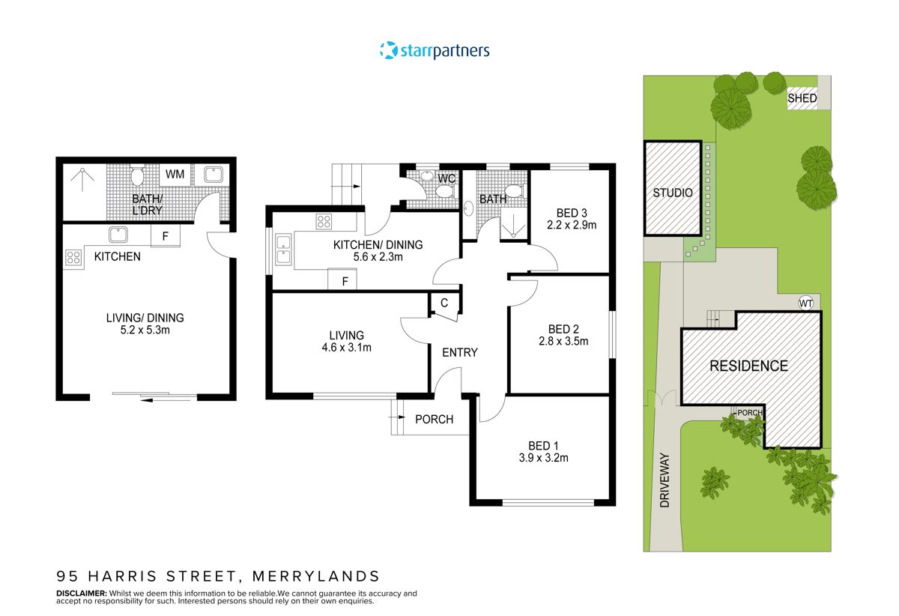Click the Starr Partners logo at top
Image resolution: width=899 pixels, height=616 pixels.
coord(435,50)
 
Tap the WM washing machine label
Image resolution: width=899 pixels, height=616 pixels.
coord(175,175)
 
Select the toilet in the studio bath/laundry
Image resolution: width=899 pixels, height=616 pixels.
coord(137,176)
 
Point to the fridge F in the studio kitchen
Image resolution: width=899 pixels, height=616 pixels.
coord(165,235)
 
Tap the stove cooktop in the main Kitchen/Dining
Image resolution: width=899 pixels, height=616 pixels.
coord(325,221)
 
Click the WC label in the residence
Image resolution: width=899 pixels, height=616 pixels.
coord(447,178)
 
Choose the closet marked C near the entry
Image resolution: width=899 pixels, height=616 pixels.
coord(444,304)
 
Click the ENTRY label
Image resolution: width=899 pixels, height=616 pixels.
coord(459,352)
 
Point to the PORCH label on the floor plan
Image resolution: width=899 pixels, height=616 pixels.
coord(434,419)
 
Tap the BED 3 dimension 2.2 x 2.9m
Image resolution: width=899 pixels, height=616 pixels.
coord(571,225)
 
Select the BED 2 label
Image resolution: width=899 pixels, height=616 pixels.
coord(563,329)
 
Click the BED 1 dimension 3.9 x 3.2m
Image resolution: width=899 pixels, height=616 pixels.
coord(543,457)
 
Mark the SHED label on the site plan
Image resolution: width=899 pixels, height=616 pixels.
coord(802,98)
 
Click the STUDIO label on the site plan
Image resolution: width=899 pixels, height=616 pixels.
coord(672,193)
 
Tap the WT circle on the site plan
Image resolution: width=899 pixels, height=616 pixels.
coord(805,304)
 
